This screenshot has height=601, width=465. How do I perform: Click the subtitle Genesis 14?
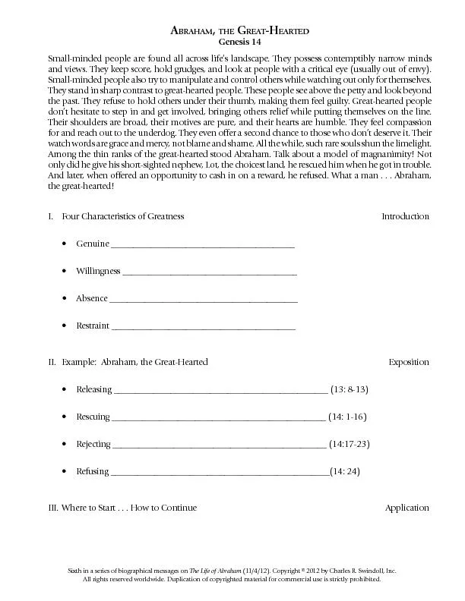pos(232,40)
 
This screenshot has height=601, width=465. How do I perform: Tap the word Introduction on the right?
pos(405,216)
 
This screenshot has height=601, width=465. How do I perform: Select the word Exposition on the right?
pos(409,362)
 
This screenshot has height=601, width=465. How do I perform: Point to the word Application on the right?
pos(406,508)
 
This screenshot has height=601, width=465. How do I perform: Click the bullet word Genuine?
pos(93,244)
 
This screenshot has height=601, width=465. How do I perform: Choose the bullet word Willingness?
pos(98,271)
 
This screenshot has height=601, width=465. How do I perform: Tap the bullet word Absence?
pos(92,298)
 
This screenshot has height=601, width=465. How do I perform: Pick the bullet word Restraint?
pos(93,326)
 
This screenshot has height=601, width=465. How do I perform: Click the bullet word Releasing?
pos(94,389)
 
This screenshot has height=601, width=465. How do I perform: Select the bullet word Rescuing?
pos(93,417)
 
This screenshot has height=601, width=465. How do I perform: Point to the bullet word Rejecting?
pos(93,444)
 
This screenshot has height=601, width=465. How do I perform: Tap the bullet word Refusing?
pos(93,471)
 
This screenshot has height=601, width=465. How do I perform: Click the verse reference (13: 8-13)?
pos(350,389)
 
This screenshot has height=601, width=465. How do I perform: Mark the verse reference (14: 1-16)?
pos(348,417)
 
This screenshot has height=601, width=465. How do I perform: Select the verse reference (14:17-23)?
pos(349,444)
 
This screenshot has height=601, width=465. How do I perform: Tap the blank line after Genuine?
pos(203,245)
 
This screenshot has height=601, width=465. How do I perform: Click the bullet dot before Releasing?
pos(62,390)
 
